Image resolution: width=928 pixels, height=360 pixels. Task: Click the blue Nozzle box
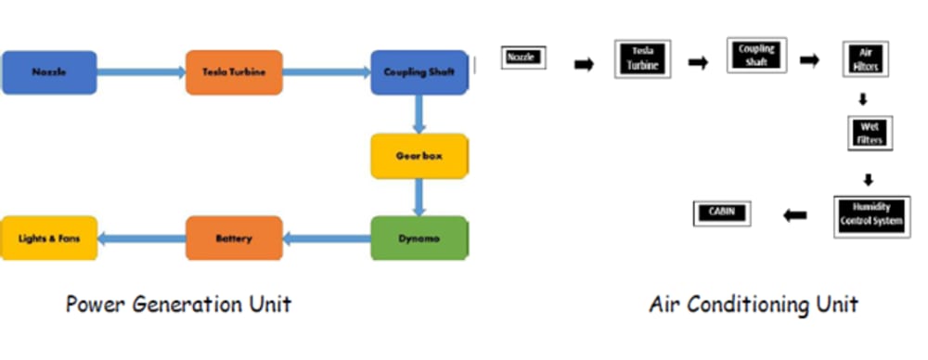(49, 72)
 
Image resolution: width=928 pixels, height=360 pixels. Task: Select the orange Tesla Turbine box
(234, 72)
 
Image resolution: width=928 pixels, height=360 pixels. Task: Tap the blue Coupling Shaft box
(419, 72)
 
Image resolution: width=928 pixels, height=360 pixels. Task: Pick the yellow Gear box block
(419, 156)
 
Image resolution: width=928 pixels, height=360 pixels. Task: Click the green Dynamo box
(419, 238)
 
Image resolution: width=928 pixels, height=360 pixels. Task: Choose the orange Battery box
(234, 238)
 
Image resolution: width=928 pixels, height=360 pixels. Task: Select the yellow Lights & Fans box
(49, 238)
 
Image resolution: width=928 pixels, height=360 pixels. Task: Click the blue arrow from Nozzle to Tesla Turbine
(141, 72)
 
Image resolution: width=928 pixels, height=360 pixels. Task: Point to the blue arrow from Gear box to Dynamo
(419, 198)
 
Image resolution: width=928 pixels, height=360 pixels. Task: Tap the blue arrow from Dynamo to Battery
(327, 238)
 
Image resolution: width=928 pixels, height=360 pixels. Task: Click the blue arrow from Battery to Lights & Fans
(141, 238)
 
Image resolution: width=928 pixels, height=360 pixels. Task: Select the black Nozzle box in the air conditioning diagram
(523, 58)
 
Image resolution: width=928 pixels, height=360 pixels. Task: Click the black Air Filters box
(865, 59)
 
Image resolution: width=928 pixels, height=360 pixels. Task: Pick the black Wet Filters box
(870, 134)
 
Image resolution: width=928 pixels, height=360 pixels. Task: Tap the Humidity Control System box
(871, 216)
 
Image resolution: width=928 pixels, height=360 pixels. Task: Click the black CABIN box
(721, 213)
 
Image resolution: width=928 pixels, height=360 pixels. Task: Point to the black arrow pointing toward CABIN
(795, 215)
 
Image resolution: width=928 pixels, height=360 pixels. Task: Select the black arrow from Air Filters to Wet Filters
(863, 99)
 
